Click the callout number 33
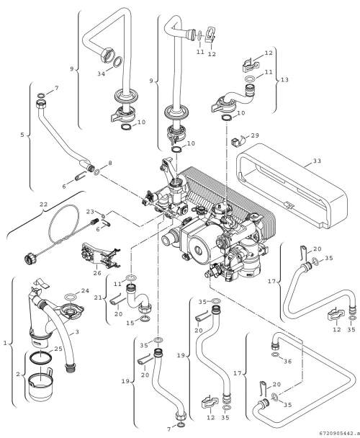pos(317,161)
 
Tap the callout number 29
pos(255,135)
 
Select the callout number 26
pos(97,273)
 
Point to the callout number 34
pos(101,73)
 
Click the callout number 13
pos(284,80)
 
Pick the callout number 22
pos(44,205)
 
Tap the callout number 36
pos(288,362)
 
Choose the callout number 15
pos(130,323)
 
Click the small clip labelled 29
pos(236,141)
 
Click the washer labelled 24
pos(71,296)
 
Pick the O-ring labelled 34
pos(118,62)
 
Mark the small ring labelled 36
pos(275,354)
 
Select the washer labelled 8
pos(97,172)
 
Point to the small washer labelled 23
pos(104,216)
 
